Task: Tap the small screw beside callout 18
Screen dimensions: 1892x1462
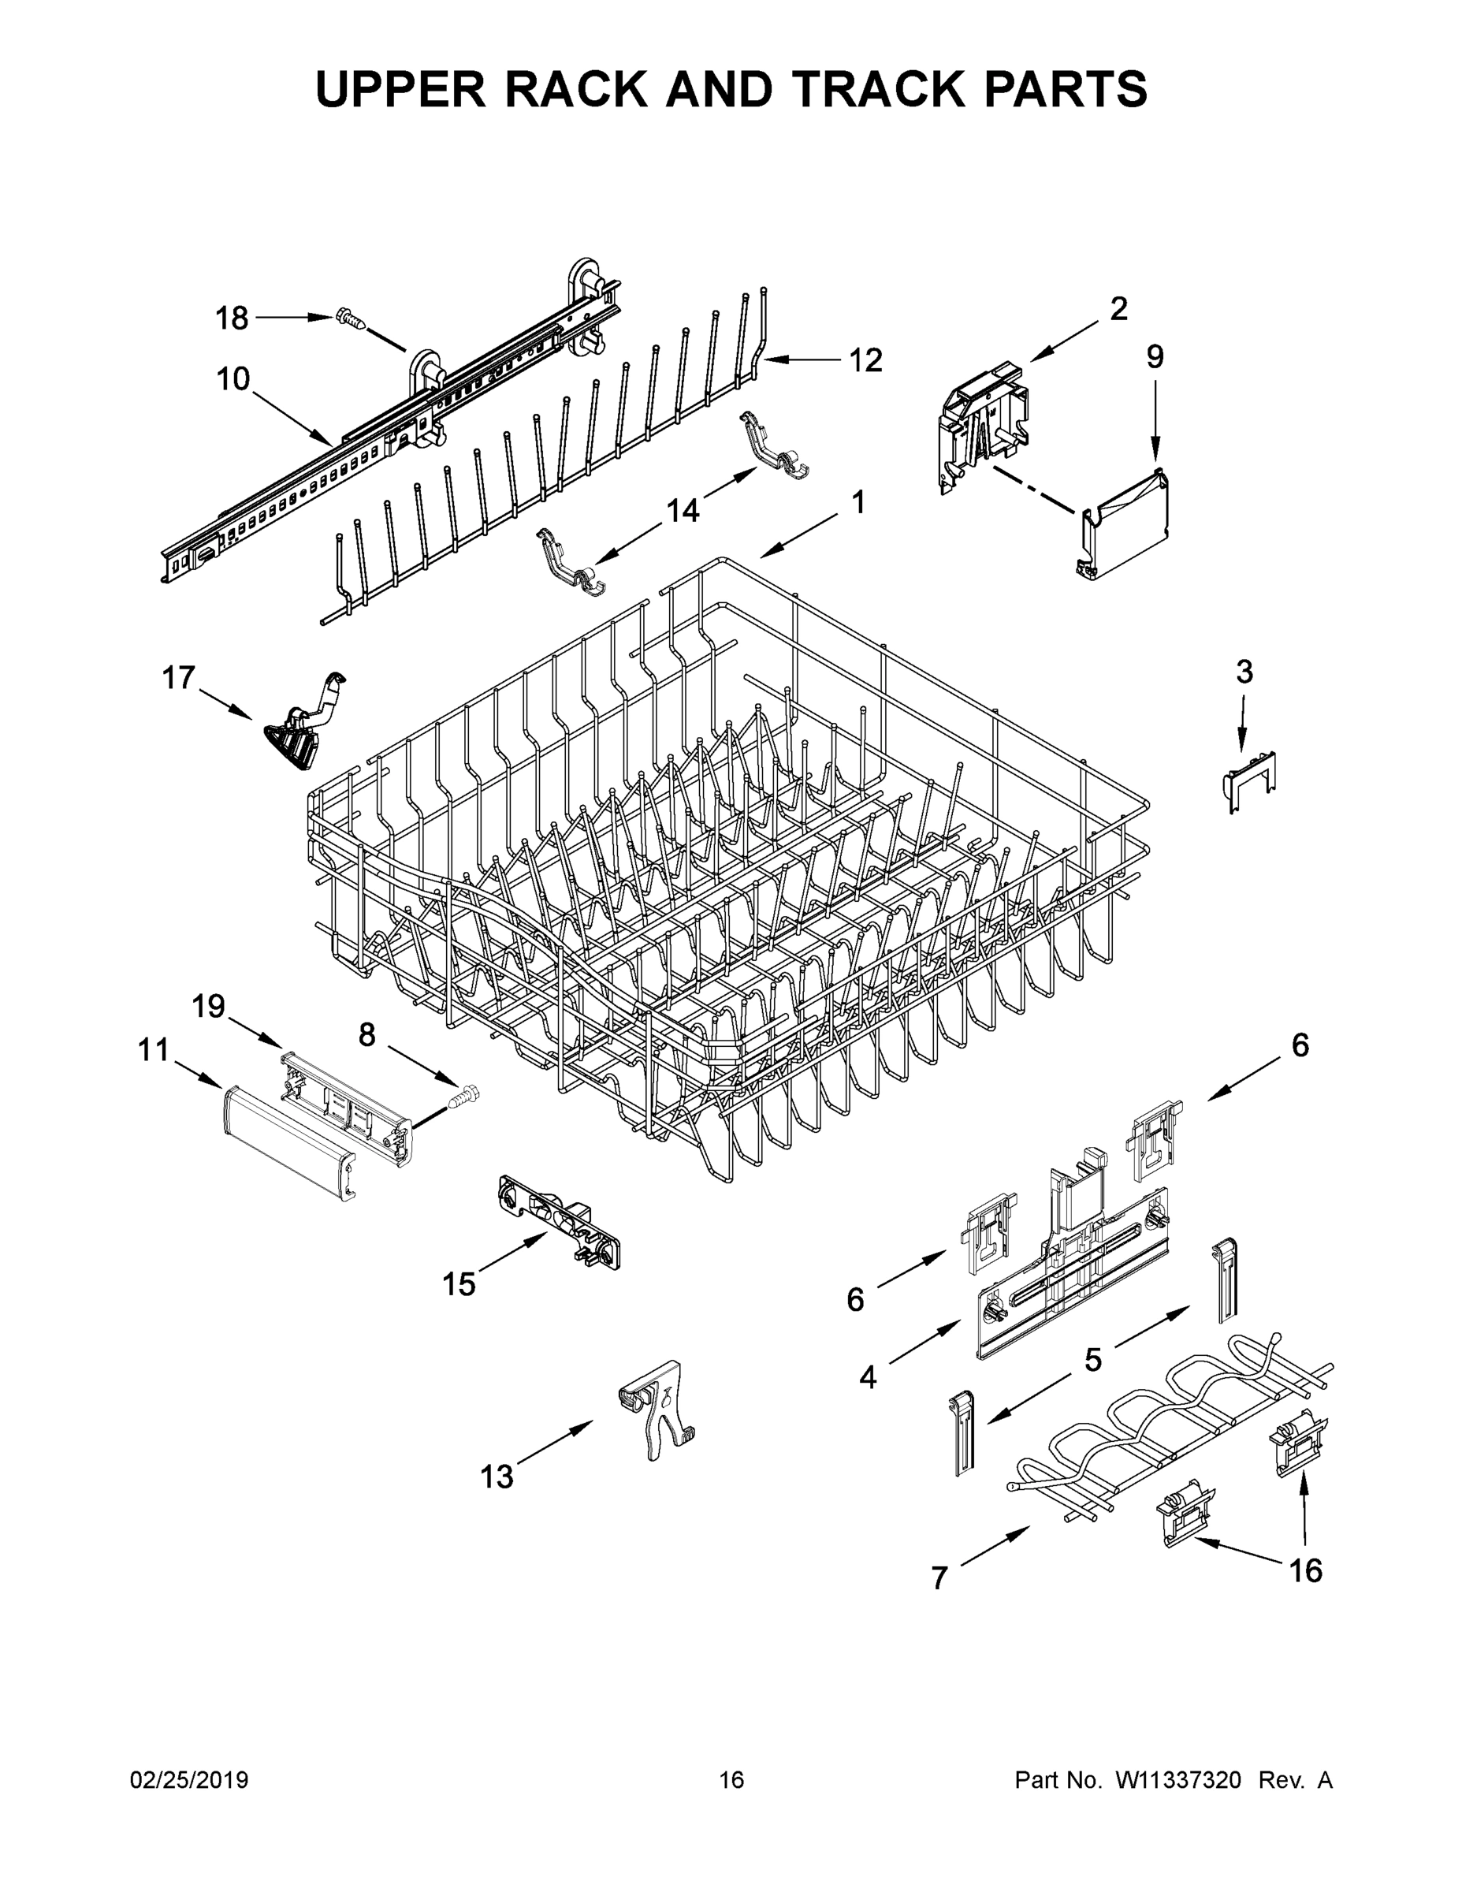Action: (x=350, y=319)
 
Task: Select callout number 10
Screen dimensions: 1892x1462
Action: (x=233, y=379)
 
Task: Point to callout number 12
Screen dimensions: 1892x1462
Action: (x=865, y=359)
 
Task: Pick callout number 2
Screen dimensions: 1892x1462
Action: (x=1118, y=308)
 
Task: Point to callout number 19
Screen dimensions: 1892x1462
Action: (x=208, y=1007)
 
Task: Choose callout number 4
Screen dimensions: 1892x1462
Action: (x=868, y=1376)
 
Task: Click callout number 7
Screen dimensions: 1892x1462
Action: (x=939, y=1578)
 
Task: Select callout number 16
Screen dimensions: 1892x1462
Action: (x=1306, y=1570)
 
